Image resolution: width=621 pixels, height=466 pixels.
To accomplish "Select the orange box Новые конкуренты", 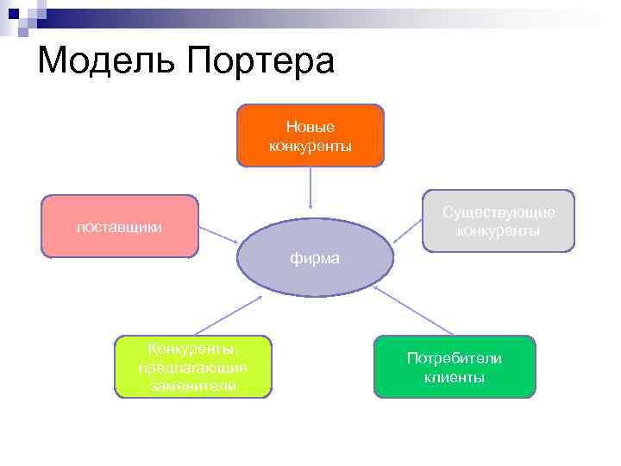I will [310, 135].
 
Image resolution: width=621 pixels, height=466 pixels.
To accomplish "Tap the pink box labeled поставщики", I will [119, 226].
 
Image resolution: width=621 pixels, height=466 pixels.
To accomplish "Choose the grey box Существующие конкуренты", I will [499, 221].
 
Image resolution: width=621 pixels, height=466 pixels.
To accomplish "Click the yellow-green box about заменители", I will [193, 367].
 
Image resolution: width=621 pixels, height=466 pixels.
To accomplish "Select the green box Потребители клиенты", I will [455, 367].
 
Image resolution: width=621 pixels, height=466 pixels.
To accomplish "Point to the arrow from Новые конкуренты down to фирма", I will [310, 188].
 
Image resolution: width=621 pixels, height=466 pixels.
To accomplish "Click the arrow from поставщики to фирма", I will [219, 235].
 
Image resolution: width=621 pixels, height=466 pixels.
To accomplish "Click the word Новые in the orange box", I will [310, 128].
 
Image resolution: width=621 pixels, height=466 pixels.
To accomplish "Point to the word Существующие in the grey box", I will [499, 212].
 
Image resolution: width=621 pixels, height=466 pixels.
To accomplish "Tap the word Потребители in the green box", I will [455, 358].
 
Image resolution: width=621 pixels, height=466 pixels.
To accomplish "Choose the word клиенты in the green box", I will [455, 377].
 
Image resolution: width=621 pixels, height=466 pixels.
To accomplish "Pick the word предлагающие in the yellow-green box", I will [193, 368].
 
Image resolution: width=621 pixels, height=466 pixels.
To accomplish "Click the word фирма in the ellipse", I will [315, 258].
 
